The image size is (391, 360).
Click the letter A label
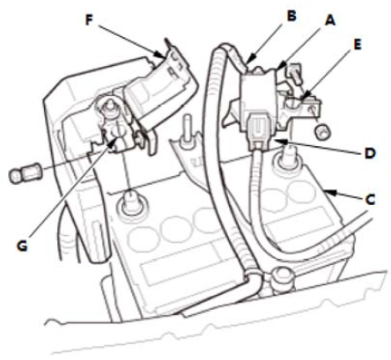click(x=329, y=20)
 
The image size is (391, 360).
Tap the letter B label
click(x=291, y=16)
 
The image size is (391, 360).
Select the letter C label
click(x=370, y=200)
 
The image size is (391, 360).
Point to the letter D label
click(x=370, y=153)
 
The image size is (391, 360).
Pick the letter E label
click(x=357, y=45)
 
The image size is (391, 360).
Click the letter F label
click(x=89, y=20)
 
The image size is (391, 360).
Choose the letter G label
click(x=22, y=246)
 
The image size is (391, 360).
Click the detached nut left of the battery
click(x=25, y=173)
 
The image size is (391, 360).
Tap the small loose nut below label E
click(x=322, y=130)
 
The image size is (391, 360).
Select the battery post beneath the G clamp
click(x=129, y=203)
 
